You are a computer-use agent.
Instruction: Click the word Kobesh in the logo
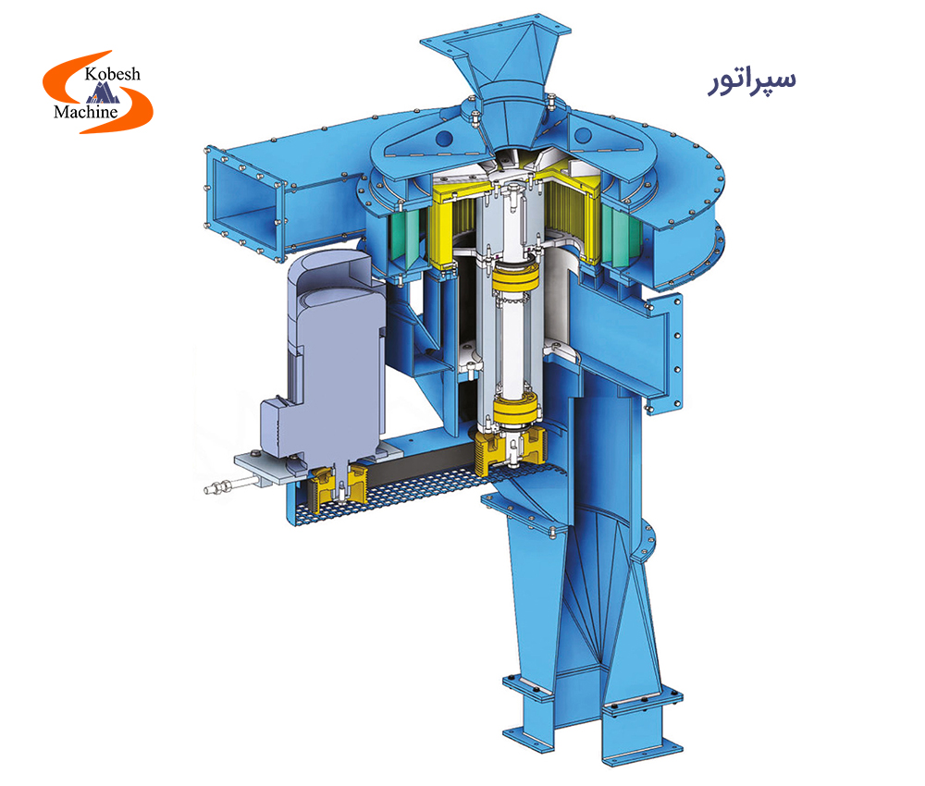pos(112,74)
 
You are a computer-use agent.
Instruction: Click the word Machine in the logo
pos(85,112)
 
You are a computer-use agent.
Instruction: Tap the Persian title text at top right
pos(752,80)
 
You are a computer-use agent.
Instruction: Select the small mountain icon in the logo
pos(102,92)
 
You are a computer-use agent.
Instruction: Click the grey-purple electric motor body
pos(337,354)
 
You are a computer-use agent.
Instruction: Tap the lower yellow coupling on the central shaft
pos(515,408)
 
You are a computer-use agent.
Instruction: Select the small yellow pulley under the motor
pos(340,485)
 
